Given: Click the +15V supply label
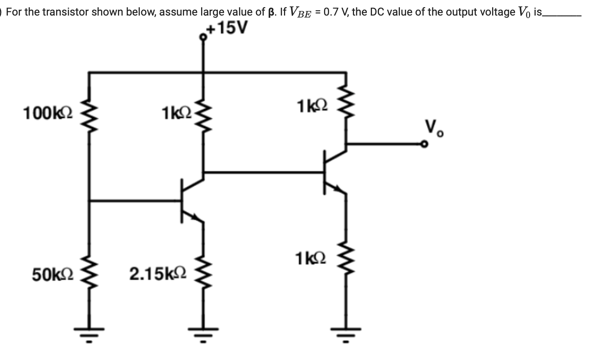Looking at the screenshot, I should [x=228, y=28].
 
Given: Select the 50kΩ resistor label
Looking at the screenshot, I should [x=52, y=274].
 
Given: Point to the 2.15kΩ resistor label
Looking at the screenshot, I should [x=158, y=274].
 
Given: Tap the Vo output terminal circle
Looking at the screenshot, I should [x=424, y=144].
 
